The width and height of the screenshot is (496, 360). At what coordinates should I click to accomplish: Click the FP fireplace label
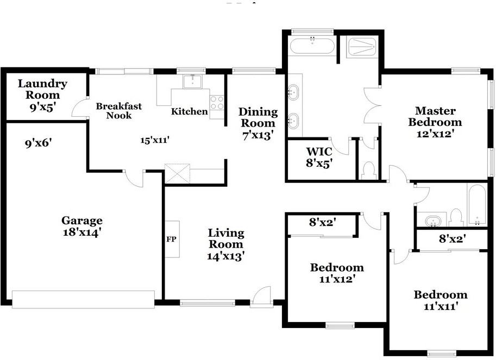(171, 239)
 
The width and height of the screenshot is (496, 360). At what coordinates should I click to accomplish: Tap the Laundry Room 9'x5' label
(42, 95)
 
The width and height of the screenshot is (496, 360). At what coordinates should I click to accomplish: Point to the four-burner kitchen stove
(217, 103)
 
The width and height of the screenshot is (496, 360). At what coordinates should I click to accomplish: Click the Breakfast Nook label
(118, 110)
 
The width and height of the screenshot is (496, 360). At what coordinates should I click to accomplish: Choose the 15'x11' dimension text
(155, 140)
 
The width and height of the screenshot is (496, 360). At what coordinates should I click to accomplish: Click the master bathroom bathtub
(312, 46)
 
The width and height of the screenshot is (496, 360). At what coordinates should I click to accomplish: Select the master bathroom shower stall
(362, 47)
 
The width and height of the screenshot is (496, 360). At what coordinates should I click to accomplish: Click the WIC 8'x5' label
(319, 157)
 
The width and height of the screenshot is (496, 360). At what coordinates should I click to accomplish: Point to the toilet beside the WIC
(369, 170)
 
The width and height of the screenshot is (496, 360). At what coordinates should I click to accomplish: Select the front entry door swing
(262, 296)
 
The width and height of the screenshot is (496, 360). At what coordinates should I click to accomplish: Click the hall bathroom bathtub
(476, 205)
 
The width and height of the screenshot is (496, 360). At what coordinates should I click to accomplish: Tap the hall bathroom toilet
(456, 217)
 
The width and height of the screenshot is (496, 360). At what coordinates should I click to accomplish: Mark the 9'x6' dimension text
(38, 143)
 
